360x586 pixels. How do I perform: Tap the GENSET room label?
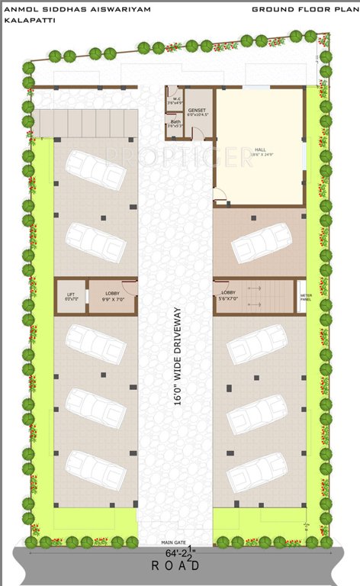point(198,111)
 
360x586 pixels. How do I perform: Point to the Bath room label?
point(175,124)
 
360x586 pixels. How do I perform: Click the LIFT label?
point(71,296)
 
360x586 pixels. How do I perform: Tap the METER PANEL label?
point(306,297)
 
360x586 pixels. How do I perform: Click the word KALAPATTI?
point(24,21)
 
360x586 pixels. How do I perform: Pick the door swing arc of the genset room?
point(197,134)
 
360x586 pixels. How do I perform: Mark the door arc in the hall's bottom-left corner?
point(220,201)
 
